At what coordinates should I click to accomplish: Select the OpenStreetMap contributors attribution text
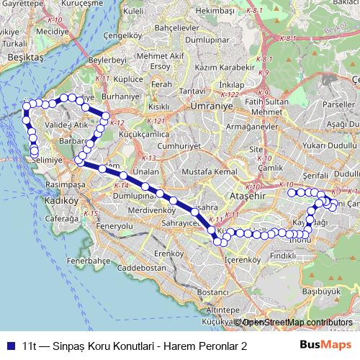tap(295, 323)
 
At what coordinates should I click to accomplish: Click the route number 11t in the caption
tap(30, 346)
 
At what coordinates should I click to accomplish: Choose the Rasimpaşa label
tap(64, 184)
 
